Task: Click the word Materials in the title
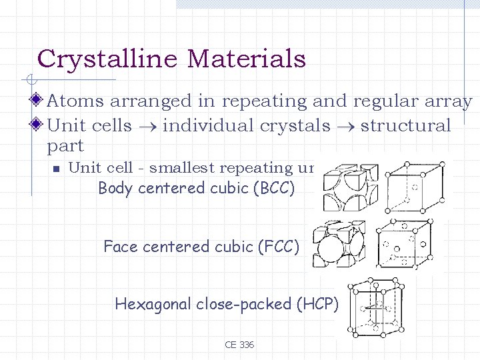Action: tap(246, 59)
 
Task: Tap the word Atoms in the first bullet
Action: tap(76, 101)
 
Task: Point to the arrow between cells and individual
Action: tap(147, 126)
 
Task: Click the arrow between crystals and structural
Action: tap(345, 126)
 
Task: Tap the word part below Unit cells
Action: tap(65, 146)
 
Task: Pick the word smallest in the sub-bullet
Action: tap(187, 168)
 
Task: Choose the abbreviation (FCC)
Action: tap(277, 247)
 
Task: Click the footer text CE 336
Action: tap(239, 345)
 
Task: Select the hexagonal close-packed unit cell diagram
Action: tap(375, 307)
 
